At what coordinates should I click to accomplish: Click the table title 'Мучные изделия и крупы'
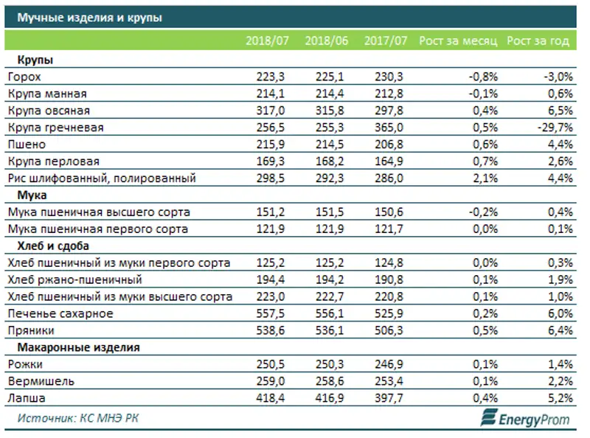coord(90,17)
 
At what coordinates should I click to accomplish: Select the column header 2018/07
coord(267,41)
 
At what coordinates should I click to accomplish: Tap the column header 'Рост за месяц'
coord(458,41)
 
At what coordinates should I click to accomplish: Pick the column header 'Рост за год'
coord(538,41)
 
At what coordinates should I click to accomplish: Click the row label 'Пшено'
coord(26,145)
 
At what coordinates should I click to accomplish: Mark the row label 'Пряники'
coord(31,331)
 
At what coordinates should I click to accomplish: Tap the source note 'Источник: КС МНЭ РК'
coord(78,419)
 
